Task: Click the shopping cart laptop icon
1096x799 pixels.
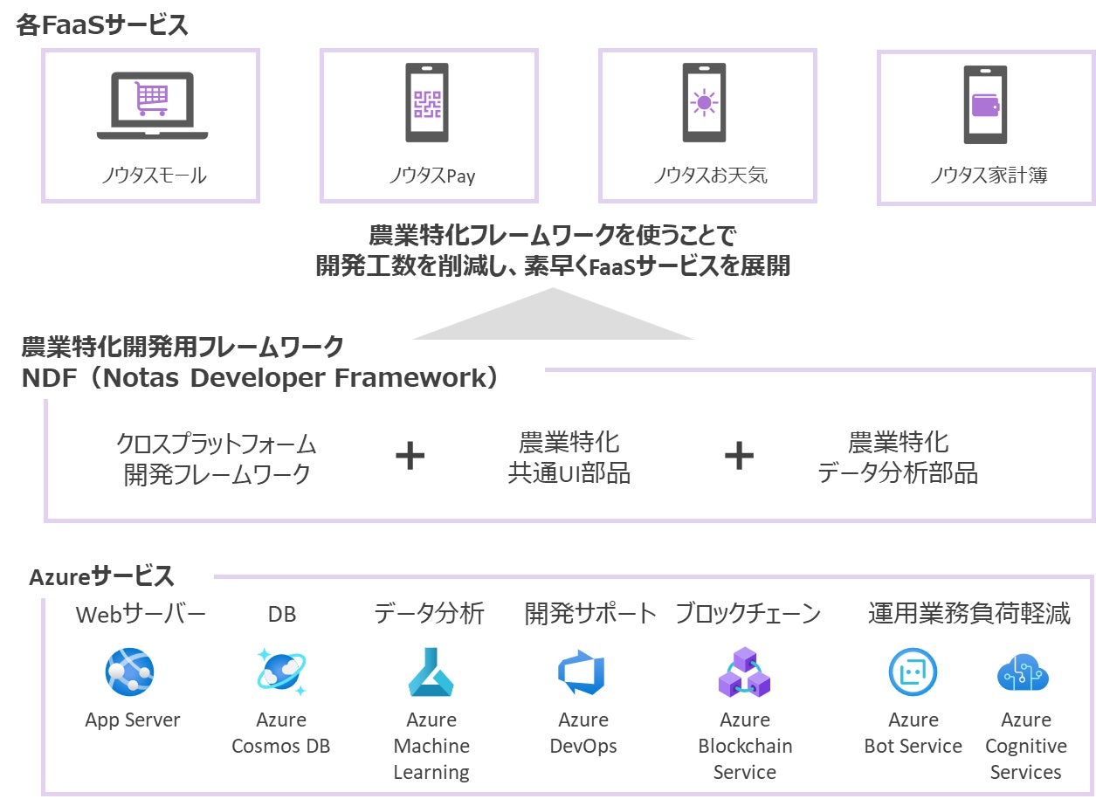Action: tap(152, 106)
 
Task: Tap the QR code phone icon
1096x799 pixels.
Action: tap(427, 103)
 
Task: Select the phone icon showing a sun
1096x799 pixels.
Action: tap(704, 103)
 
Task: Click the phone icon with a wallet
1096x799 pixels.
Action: tap(985, 105)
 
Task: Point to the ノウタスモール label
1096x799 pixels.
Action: tap(154, 176)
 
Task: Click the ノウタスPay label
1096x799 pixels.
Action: tap(432, 176)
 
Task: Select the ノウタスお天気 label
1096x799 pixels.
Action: tap(711, 176)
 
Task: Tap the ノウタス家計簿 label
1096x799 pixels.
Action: tap(989, 176)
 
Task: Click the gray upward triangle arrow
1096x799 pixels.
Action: tap(554, 313)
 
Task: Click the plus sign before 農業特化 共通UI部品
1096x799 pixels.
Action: tap(410, 456)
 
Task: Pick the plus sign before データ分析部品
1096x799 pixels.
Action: tap(739, 456)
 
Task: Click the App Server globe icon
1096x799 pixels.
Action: tap(129, 672)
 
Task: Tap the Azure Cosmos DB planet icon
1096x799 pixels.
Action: tap(281, 672)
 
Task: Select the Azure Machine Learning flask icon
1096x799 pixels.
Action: tap(431, 672)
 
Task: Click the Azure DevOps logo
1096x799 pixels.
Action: tap(582, 672)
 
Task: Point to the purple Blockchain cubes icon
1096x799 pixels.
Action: tap(744, 672)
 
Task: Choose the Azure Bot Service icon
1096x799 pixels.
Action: tap(913, 672)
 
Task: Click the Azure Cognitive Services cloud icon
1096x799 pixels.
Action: tap(1023, 672)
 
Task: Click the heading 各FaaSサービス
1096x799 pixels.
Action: tap(102, 24)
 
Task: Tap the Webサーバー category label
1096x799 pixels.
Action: tap(141, 614)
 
